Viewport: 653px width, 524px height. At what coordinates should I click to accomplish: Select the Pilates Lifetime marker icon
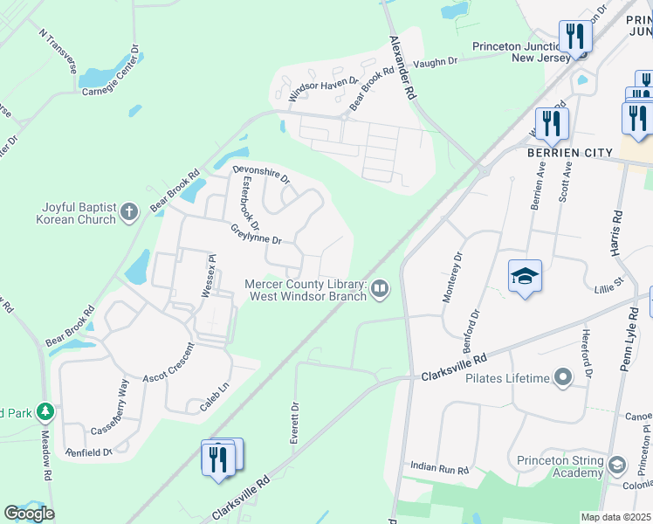coord(563,378)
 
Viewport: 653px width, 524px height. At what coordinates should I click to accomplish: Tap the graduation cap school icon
coord(525,277)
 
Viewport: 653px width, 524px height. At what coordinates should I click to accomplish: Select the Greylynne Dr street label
coord(256,233)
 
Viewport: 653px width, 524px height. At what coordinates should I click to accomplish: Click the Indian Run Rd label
coord(439,470)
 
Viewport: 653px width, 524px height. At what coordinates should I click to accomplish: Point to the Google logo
coord(29,514)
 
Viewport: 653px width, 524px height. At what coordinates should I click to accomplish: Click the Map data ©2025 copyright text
coord(616,517)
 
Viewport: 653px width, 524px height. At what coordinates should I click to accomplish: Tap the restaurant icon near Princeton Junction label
coord(575,37)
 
